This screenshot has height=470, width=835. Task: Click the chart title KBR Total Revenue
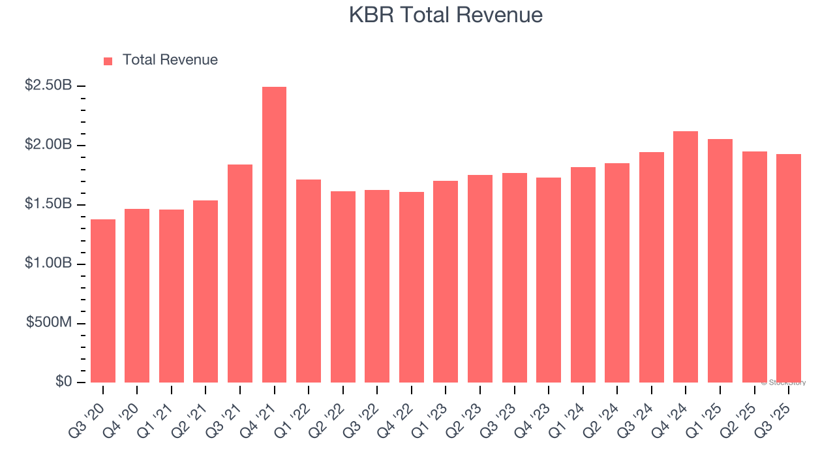446,15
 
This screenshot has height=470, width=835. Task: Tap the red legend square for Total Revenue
108,61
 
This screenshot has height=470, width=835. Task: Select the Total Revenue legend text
170,60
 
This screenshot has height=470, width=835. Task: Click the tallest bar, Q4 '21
274,235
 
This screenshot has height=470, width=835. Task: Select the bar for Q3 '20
103,301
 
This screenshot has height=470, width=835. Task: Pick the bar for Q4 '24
686,257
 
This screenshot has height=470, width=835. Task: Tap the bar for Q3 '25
789,268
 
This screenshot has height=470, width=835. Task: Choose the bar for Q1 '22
309,281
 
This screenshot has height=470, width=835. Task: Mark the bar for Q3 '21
240,274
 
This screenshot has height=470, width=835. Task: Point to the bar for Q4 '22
412,287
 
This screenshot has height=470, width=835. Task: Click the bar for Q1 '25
720,261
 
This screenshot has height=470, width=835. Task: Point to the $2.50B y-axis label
48,86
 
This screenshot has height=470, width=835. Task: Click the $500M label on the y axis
49,323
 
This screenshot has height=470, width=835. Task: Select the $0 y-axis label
63,382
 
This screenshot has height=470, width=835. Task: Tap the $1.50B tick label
48,204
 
